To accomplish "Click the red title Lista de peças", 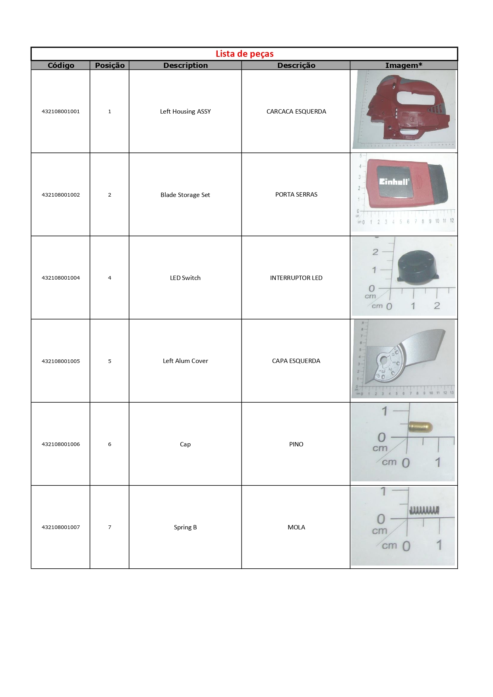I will coord(244,54).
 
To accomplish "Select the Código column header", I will coord(61,66).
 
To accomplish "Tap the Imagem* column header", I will coord(404,66).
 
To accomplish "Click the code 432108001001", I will coord(61,112).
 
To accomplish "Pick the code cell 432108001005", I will coord(61,361).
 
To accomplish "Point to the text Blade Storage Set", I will coord(185,195).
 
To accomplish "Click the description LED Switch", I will coord(185,278).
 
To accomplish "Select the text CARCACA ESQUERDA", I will coord(296,112).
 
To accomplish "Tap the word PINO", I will coord(296,444).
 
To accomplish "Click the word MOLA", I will coord(296,527).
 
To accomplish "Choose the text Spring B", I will coord(185,527).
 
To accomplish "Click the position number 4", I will coord(110,278).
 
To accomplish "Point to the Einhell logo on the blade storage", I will coord(393,181).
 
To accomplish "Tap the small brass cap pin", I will coord(420,427).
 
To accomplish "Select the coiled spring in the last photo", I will coord(424,510).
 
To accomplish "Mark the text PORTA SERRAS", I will coord(296,195).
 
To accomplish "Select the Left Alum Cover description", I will coord(185,361).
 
